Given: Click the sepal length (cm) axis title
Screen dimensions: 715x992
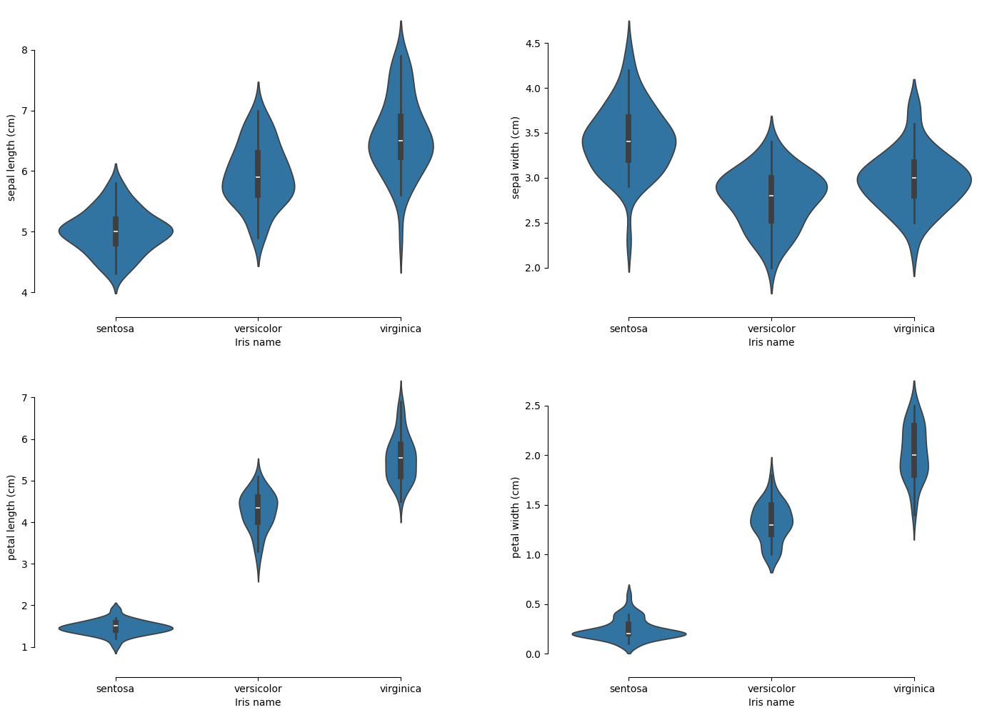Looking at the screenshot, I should [11, 157].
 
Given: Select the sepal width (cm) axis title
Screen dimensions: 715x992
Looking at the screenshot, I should [516, 157].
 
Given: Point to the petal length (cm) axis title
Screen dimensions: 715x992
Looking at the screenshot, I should [11, 517].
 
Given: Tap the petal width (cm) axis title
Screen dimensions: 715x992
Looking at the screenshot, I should [516, 517].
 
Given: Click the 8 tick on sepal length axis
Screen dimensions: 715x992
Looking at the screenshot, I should [24, 50].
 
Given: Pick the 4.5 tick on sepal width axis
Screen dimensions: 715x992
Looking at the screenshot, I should [532, 44].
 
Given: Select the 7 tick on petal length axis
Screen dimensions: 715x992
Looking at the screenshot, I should [24, 397].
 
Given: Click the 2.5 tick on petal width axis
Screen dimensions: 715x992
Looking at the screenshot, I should [532, 406].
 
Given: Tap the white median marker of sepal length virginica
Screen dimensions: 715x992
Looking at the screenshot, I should [401, 141].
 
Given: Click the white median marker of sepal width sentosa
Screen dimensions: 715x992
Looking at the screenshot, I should [628, 141].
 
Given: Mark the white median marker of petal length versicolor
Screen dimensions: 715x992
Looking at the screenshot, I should [258, 508].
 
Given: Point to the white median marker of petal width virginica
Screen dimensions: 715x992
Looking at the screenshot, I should [914, 455].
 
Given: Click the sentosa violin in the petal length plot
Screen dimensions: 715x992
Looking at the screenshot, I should [143, 628].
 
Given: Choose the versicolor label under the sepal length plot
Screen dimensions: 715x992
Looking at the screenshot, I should [258, 329].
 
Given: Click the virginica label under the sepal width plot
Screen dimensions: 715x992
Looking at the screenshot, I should [913, 329].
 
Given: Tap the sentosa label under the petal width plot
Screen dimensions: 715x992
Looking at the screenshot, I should [628, 689].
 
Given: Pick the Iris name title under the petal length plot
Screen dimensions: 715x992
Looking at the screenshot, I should [258, 703].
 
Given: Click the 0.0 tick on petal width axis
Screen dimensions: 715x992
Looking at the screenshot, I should [532, 654].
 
